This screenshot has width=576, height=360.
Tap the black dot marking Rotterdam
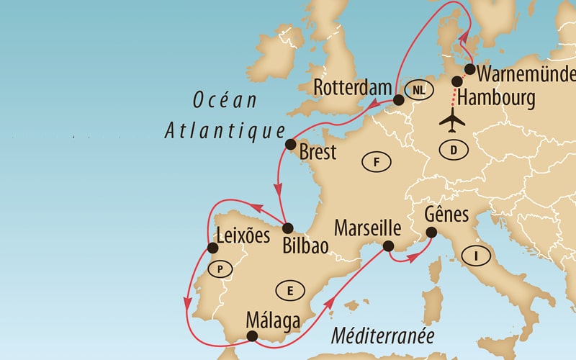[398, 101]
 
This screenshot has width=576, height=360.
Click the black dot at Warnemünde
[469, 70]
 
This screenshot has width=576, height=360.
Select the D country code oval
[454, 150]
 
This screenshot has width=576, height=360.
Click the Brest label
[318, 152]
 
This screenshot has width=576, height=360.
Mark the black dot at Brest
[291, 145]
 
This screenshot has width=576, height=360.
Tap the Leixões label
[243, 235]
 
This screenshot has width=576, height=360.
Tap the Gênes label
[447, 215]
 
